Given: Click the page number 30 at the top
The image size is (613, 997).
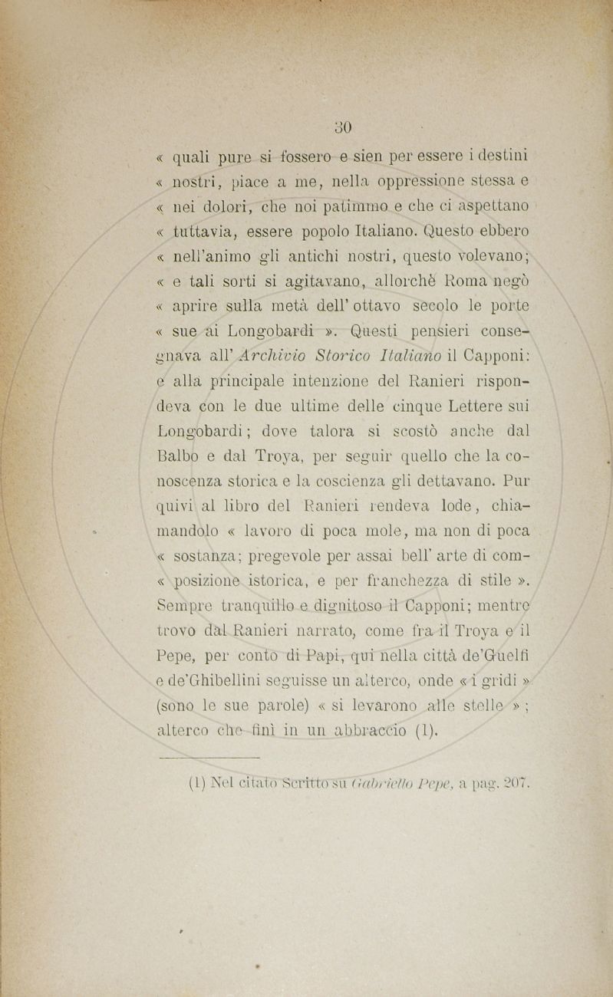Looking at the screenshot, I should point(343,127).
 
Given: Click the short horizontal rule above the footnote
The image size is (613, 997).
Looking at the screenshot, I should point(208,758).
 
